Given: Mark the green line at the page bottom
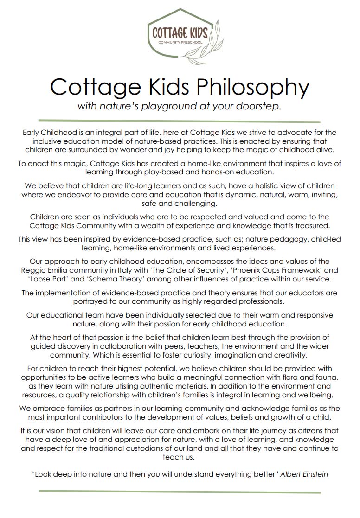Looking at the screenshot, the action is coord(180,492).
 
